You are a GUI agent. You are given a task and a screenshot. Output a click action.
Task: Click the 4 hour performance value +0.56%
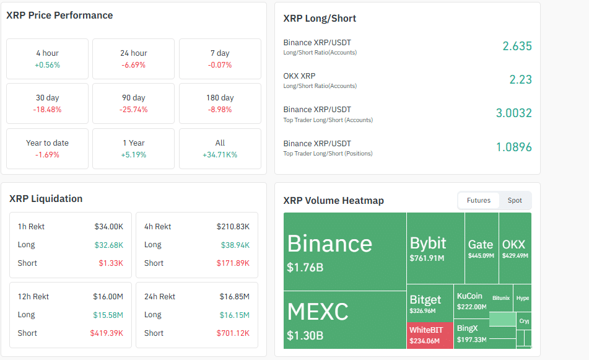(x=47, y=65)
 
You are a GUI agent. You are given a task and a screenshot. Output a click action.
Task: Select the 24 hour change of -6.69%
(x=133, y=65)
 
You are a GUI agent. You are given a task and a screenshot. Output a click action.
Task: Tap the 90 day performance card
(x=133, y=103)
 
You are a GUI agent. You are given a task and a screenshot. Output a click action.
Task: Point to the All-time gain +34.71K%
(x=220, y=155)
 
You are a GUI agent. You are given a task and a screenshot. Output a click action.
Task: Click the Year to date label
(x=47, y=143)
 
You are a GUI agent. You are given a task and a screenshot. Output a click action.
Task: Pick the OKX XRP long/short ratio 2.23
(x=520, y=79)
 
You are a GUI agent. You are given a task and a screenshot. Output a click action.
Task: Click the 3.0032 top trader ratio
(x=513, y=113)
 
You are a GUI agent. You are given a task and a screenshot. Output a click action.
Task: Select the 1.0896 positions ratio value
(x=513, y=147)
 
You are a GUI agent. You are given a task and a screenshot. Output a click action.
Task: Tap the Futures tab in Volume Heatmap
(x=478, y=200)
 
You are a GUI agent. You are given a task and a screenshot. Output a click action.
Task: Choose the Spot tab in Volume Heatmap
(x=515, y=200)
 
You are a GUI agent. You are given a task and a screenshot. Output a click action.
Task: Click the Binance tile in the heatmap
(x=344, y=252)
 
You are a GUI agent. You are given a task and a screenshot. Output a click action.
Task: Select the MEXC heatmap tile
(x=344, y=320)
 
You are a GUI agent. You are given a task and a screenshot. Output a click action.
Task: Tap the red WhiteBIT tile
(x=430, y=335)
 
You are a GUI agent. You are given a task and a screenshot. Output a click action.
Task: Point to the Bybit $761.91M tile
(x=435, y=248)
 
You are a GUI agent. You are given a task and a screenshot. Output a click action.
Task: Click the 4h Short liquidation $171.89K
(x=235, y=263)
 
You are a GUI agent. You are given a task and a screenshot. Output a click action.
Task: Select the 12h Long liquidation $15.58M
(x=108, y=315)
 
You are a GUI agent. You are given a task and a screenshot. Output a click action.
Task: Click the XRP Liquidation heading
(x=46, y=199)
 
